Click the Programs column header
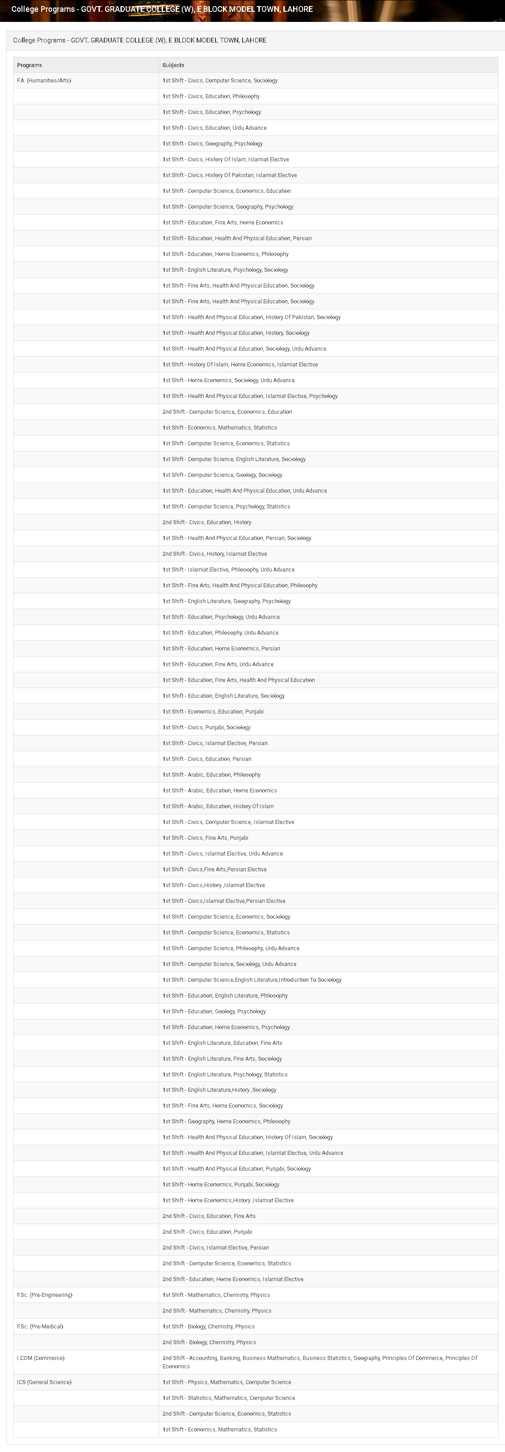tap(29, 65)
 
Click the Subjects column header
tap(173, 65)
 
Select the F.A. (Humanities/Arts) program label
tap(44, 81)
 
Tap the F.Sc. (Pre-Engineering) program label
tap(45, 1295)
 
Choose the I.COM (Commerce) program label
tap(41, 1358)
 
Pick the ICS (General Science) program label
tap(44, 1382)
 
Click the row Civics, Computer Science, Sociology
tap(220, 81)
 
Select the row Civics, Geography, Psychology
tap(213, 144)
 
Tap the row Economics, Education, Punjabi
tap(213, 711)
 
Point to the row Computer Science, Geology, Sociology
tap(222, 475)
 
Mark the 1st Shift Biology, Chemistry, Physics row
tap(208, 1326)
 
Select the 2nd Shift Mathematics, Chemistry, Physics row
tap(217, 1310)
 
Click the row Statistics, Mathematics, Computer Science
tap(229, 1398)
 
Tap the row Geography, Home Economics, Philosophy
tap(226, 1121)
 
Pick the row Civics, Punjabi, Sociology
tap(207, 727)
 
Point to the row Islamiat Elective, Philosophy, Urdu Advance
tap(229, 570)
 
